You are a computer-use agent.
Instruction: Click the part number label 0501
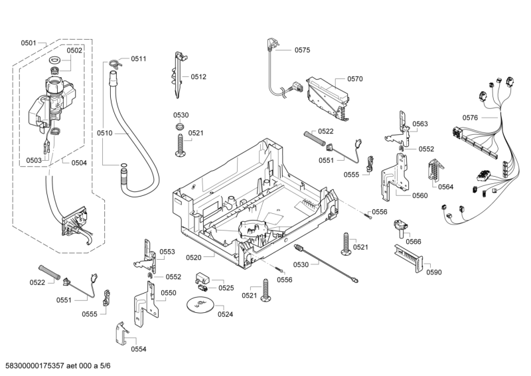click(29, 43)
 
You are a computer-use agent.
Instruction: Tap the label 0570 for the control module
click(355, 79)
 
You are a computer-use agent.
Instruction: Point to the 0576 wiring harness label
click(470, 118)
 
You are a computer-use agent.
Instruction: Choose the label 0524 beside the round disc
click(226, 314)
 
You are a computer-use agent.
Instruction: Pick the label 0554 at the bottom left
click(138, 349)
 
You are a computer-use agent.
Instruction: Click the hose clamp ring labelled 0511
click(114, 64)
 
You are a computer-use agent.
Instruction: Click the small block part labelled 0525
click(203, 278)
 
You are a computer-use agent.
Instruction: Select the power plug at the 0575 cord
click(271, 45)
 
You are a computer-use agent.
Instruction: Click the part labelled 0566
click(400, 228)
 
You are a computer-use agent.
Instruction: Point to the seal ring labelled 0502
click(55, 62)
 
